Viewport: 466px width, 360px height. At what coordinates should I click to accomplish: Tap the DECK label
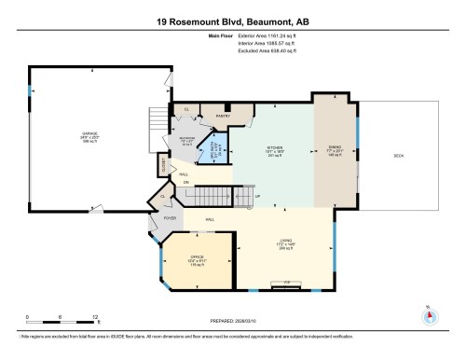click(x=397, y=155)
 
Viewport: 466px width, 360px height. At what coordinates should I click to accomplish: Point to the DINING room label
click(x=336, y=146)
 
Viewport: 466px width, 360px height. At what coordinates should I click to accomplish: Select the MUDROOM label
click(x=187, y=141)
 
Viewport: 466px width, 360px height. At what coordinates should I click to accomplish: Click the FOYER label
click(x=171, y=217)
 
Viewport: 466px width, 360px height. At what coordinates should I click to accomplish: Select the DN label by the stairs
click(x=185, y=181)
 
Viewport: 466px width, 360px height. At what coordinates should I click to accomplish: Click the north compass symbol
click(x=430, y=314)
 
